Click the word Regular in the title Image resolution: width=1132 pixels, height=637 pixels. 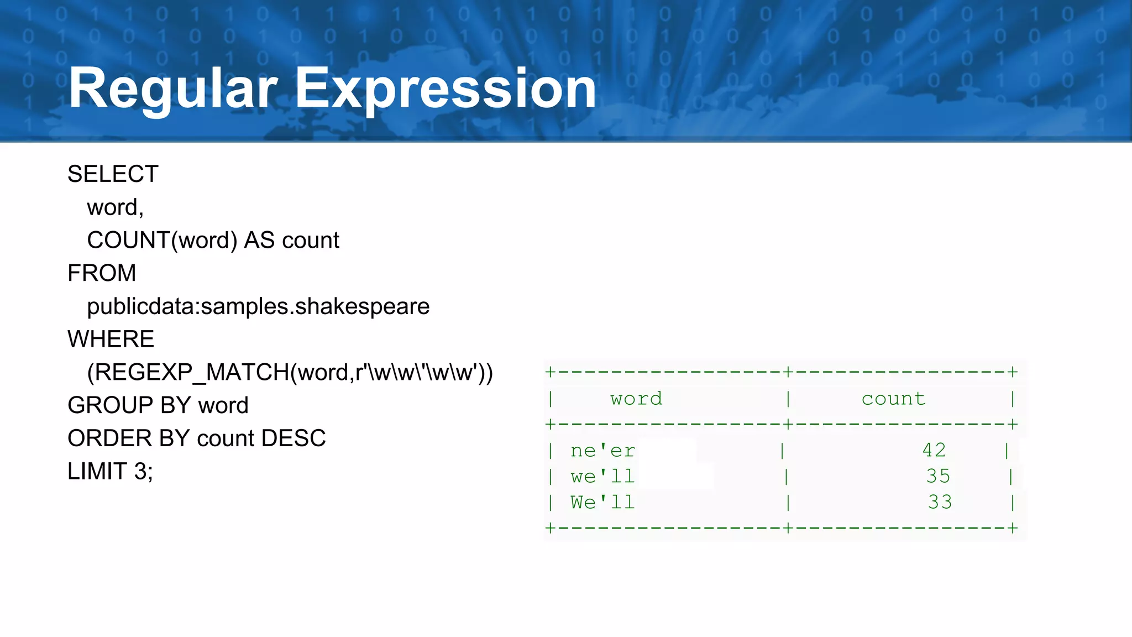(172, 88)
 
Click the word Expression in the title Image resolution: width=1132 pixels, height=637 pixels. (446, 88)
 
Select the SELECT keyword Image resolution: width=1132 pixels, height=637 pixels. (113, 174)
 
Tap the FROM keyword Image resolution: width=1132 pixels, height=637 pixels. (102, 273)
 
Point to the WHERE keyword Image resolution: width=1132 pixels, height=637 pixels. (111, 339)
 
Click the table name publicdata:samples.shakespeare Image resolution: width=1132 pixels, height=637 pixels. (258, 306)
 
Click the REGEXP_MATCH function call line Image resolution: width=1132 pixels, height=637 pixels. (290, 372)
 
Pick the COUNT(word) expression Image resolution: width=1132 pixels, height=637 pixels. (162, 241)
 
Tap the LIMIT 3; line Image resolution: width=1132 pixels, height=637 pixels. (110, 472)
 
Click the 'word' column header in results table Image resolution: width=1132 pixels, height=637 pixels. (636, 399)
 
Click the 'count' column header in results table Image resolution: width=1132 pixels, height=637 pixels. (893, 399)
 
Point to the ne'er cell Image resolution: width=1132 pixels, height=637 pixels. (602, 451)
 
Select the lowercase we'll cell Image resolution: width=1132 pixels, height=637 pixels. (602, 476)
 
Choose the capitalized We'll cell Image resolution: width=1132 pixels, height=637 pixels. (602, 502)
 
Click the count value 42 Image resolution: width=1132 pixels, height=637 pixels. (934, 450)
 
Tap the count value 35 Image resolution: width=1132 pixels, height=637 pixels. (938, 476)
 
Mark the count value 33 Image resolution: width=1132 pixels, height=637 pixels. (940, 502)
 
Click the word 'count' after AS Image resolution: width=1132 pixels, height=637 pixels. (311, 241)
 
